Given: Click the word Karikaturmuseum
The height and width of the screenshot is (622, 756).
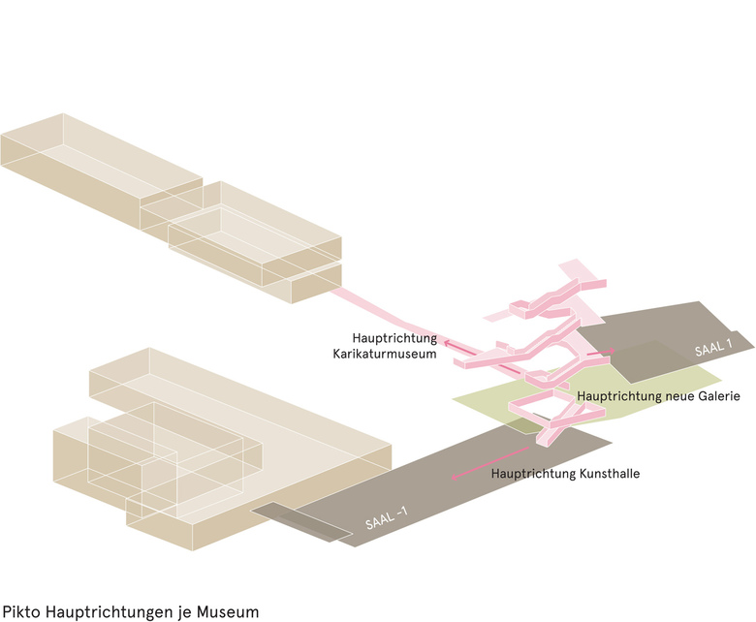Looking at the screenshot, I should (379, 355).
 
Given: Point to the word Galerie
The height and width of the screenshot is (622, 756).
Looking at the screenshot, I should (716, 396).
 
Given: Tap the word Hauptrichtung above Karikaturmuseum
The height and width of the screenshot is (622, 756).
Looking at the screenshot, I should (394, 338).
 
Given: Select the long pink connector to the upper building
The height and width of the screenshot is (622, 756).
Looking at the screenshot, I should (388, 313).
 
